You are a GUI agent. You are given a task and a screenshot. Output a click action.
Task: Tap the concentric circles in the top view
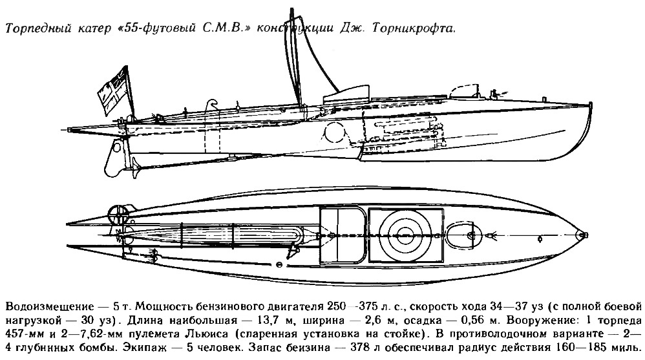click(x=405, y=235)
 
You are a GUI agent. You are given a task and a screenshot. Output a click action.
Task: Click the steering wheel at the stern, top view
click(x=118, y=214)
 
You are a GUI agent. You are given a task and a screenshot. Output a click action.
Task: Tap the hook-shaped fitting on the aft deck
click(x=212, y=104)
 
